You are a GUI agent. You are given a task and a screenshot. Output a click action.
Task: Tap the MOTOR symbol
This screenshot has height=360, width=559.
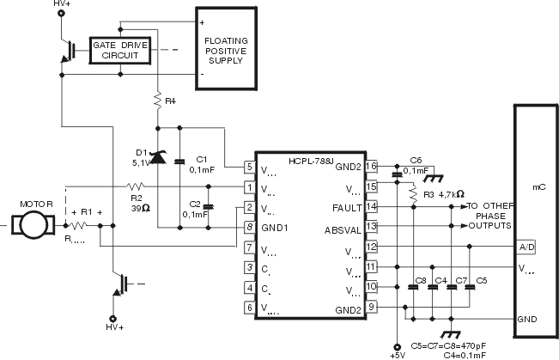[35, 225]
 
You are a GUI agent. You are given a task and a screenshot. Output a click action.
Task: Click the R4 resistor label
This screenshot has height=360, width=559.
[170, 101]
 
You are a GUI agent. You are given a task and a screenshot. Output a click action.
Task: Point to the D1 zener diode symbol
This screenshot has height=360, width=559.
[158, 156]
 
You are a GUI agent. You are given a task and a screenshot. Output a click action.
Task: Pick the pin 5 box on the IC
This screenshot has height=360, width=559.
[249, 167]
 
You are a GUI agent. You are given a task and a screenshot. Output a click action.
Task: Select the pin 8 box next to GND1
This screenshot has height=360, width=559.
[249, 228]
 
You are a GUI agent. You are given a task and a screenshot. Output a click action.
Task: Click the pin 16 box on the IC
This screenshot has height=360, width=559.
[371, 167]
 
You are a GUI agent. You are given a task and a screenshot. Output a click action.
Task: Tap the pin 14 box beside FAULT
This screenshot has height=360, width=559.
[371, 207]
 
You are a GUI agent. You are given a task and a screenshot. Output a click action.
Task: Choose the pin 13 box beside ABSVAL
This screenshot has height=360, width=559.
[371, 227]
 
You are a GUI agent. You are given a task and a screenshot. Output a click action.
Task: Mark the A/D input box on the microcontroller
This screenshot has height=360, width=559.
[526, 247]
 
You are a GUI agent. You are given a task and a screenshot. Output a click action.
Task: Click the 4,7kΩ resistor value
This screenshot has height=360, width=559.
[452, 194]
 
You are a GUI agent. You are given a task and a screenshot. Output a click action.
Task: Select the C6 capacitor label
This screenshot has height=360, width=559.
[416, 160]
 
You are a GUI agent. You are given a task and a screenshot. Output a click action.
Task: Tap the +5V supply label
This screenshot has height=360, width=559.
[396, 354]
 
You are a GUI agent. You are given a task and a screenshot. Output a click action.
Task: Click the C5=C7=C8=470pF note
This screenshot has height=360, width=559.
[449, 344]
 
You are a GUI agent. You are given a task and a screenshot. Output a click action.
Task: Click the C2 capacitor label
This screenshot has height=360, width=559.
[195, 204]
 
